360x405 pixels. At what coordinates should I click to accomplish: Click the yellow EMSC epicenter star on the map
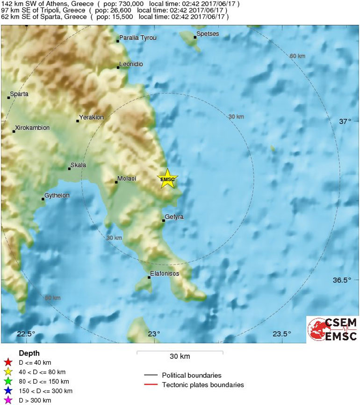click(x=167, y=179)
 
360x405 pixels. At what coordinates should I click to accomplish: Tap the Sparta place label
click(x=19, y=94)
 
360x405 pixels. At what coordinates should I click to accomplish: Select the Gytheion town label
click(x=57, y=195)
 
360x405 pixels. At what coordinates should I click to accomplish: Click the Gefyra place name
click(x=174, y=217)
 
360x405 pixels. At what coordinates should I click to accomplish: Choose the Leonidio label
click(x=131, y=64)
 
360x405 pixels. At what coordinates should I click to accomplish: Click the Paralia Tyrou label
click(x=138, y=37)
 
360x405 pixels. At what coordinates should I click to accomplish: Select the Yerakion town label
click(x=92, y=117)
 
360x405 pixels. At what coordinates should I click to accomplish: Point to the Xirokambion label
click(x=32, y=128)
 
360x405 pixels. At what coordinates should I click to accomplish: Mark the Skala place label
click(x=78, y=165)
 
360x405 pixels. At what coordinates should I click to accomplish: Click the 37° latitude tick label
click(x=345, y=121)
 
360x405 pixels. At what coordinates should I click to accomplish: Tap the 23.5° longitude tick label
click(x=281, y=334)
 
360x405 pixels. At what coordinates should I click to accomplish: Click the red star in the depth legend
click(x=7, y=362)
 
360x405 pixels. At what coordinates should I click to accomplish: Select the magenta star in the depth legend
click(x=7, y=400)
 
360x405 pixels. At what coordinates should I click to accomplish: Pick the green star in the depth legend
click(x=7, y=381)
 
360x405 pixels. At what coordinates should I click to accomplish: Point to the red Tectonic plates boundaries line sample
click(x=151, y=385)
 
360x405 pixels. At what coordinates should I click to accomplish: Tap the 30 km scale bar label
click(x=180, y=357)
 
